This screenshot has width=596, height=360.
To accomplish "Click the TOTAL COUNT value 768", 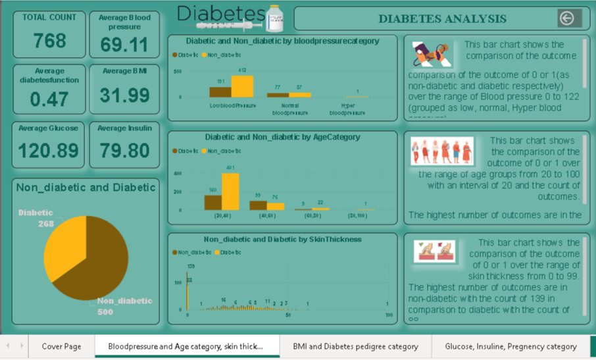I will [50, 41].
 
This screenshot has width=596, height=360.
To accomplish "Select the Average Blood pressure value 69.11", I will [124, 45].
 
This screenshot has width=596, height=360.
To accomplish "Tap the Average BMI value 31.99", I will [124, 95].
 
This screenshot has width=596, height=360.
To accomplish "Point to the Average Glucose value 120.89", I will [49, 151].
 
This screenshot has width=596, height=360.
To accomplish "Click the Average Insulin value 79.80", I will [124, 151].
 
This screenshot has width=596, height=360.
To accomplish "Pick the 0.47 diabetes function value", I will [49, 99].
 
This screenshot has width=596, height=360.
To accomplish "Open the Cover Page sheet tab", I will [61, 346].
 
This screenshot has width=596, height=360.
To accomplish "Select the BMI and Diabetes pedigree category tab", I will [355, 346].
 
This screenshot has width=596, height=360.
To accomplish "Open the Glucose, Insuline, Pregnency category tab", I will [510, 346].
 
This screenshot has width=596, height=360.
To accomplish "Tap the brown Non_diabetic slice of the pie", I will [95, 263].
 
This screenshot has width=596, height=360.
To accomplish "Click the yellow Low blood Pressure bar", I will [242, 86].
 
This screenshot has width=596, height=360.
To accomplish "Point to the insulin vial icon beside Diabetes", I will [274, 19].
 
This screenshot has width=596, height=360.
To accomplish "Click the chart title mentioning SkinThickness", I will [282, 240].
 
